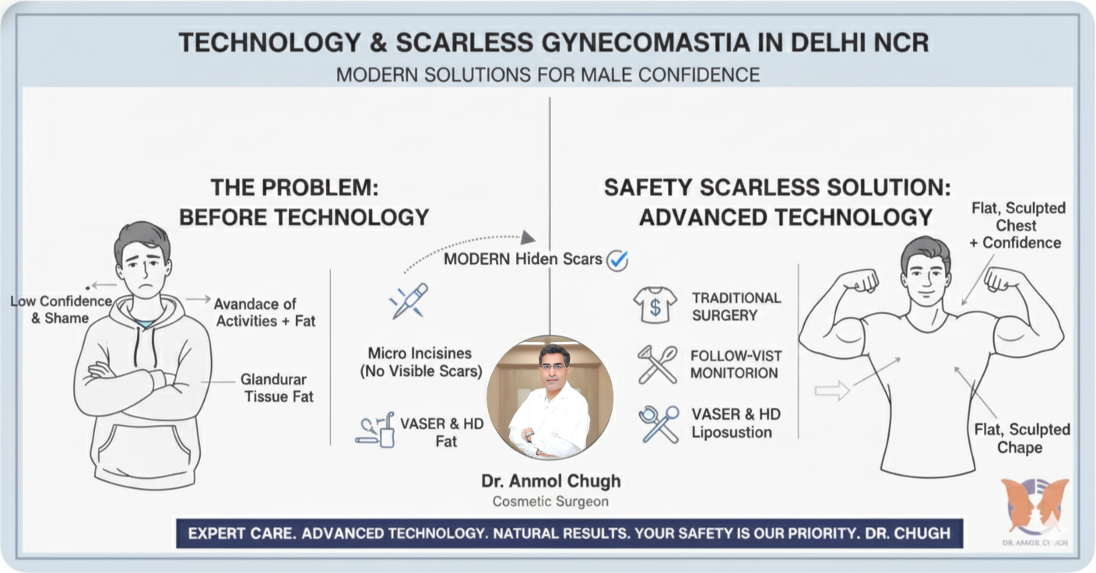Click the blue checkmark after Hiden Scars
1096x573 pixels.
click(617, 259)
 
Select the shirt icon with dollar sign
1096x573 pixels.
click(655, 304)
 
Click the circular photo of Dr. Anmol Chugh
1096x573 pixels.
click(550, 398)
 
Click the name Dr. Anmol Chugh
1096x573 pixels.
click(550, 481)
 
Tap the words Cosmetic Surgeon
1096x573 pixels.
click(550, 501)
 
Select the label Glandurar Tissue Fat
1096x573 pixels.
click(277, 388)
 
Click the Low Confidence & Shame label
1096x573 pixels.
click(61, 309)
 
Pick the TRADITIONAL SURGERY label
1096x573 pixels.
click(736, 306)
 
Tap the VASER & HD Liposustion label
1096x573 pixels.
click(732, 423)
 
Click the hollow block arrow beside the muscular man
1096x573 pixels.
click(831, 390)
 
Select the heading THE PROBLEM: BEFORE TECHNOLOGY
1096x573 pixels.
click(304, 202)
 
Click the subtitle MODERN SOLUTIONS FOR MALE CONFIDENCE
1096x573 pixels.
click(547, 75)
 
